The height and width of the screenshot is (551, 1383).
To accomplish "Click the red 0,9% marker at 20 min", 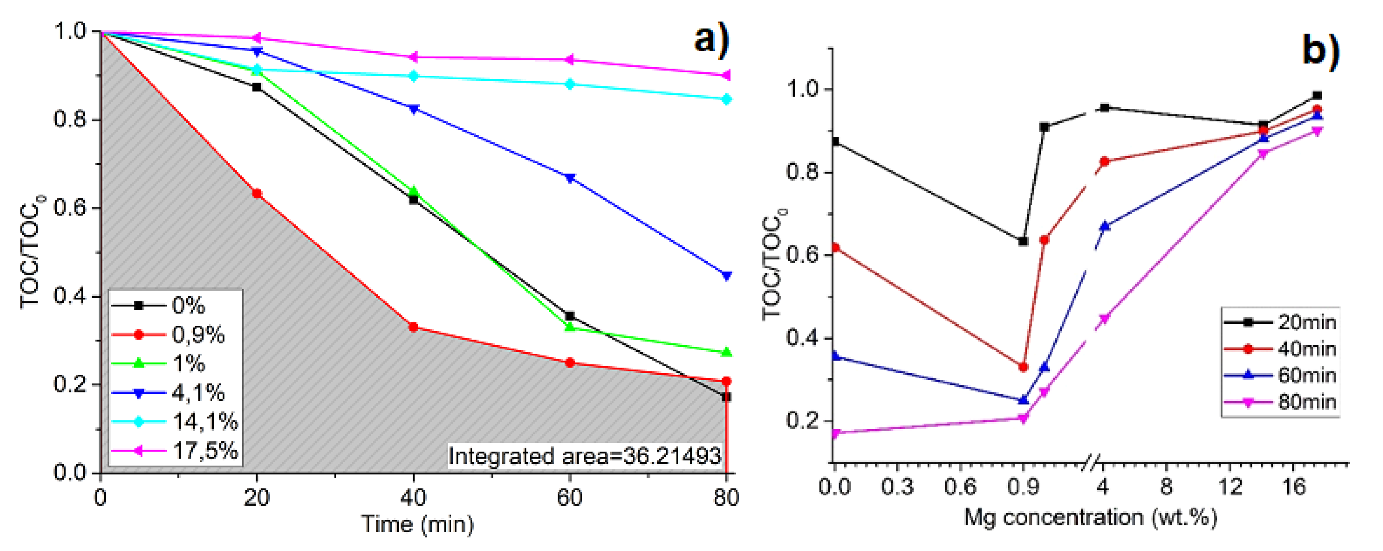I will click(257, 193).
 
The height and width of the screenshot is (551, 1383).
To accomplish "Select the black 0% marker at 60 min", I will click(570, 316).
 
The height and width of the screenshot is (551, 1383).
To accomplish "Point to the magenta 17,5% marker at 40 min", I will click(413, 57).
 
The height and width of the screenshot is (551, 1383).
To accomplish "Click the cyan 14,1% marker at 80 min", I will click(726, 99).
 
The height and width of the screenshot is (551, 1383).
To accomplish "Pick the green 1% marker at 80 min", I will click(726, 352).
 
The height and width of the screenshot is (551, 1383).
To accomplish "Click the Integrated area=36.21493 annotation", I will click(584, 456).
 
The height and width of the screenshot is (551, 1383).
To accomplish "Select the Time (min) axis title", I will click(417, 524).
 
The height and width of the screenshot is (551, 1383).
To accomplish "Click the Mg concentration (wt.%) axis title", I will click(1090, 517).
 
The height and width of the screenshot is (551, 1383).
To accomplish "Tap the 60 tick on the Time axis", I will click(570, 498).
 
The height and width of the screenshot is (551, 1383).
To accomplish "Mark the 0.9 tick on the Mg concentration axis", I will click(1023, 487).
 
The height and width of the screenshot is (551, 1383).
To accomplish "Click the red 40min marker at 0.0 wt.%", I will click(835, 248).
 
